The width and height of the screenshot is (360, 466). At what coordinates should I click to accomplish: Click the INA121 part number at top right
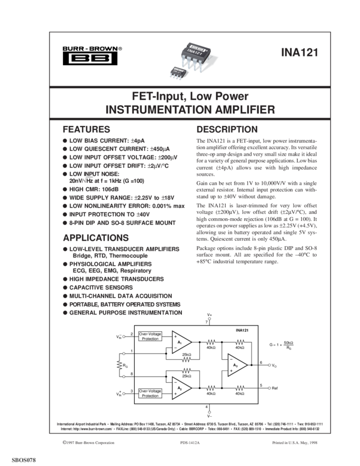pyautogui.click(x=298, y=53)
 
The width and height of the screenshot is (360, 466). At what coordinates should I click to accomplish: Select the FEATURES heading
pyautogui.click(x=87, y=130)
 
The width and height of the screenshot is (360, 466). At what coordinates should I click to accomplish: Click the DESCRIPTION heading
pyautogui.click(x=227, y=130)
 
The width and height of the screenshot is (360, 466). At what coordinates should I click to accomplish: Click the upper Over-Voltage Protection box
pyautogui.click(x=150, y=336)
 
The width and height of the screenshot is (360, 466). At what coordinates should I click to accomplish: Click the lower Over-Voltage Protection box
pyautogui.click(x=150, y=393)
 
